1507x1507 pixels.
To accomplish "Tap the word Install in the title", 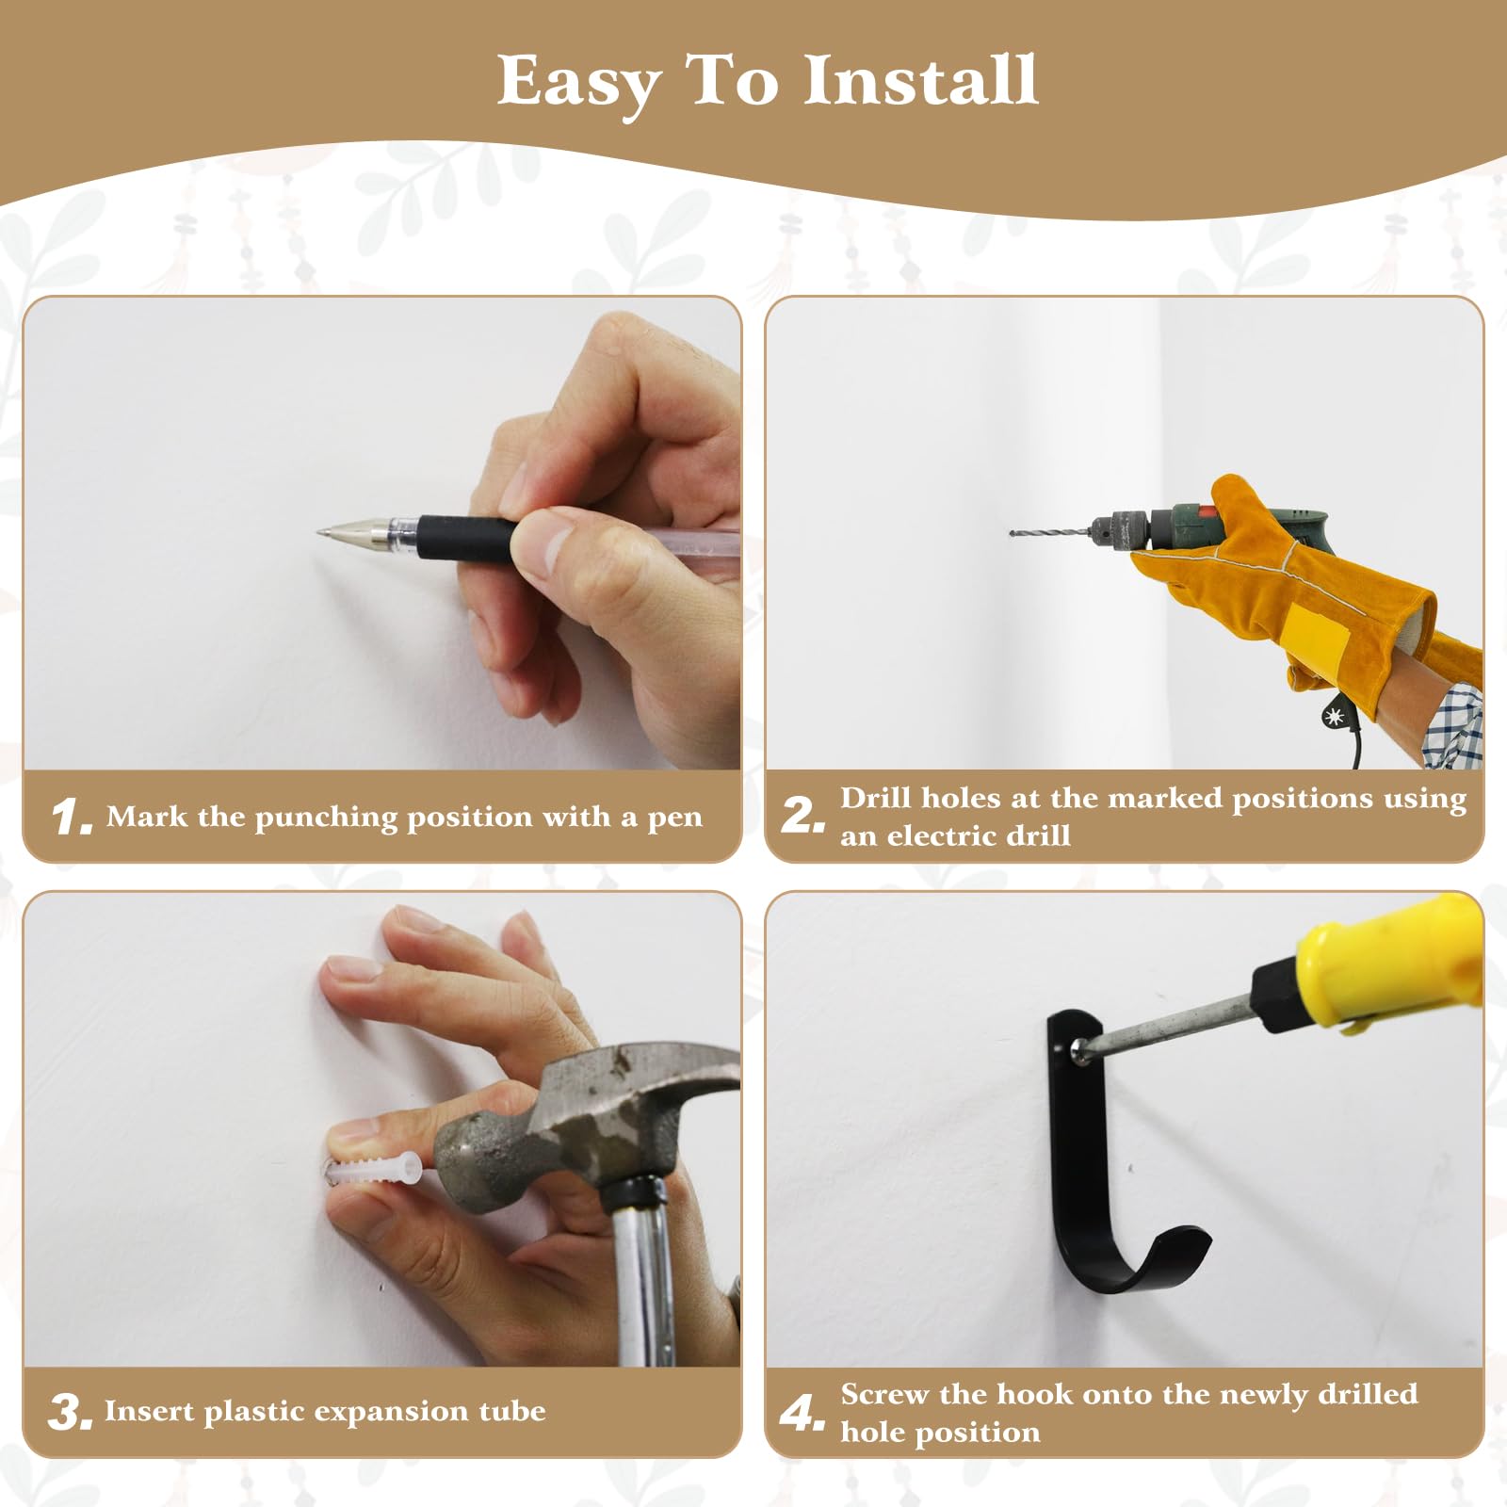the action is (921, 80).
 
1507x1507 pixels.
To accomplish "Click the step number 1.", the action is (72, 817).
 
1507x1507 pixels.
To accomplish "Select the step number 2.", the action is (802, 816).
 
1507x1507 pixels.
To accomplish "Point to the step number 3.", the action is (71, 1412).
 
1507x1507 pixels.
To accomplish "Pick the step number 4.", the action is (802, 1412).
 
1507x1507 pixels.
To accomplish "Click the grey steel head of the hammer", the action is (565, 1121).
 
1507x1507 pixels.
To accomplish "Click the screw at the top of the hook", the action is (1078, 1046).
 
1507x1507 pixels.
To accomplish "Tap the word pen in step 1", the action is (674, 818).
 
